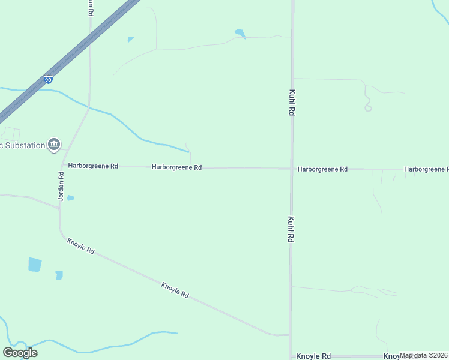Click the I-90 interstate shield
pos(48,79)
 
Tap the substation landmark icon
pos(54,144)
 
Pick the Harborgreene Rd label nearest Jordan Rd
pos(93,166)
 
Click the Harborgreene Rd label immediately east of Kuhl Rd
pos(322,170)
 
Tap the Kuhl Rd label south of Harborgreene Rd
pos(291,229)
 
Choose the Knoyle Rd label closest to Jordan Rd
pos(81,246)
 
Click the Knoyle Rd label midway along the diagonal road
pos(175,290)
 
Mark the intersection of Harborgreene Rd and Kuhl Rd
pos(292,169)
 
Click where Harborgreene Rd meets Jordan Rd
pos(62,166)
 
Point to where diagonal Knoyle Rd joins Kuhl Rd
pos(290,335)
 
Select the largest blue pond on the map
pos(35,264)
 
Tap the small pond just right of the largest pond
pos(59,275)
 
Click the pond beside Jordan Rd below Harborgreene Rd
pos(70,198)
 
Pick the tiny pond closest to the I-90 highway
pos(130,40)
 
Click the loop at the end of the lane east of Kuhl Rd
pos(368,108)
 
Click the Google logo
pos(20,353)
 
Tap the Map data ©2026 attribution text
pos(423,355)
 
